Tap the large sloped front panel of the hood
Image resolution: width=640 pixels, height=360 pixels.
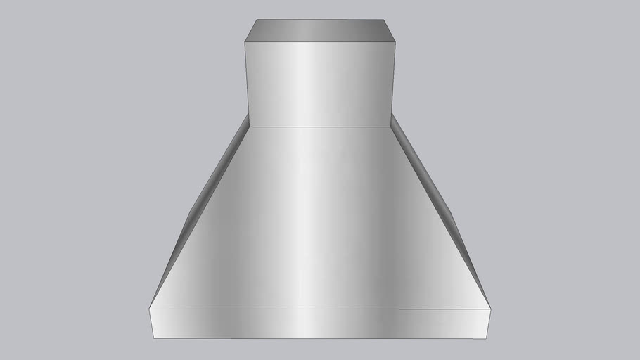319,218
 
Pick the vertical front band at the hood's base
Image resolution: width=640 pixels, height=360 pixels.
319,324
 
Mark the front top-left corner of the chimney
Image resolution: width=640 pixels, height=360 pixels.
244,41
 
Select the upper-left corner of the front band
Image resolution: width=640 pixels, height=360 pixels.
149,307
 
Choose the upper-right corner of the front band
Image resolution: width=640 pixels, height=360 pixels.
491,308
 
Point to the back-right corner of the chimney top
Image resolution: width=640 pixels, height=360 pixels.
384,20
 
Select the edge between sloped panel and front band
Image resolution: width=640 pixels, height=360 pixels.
319,308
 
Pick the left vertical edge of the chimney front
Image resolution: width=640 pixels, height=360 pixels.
244,84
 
